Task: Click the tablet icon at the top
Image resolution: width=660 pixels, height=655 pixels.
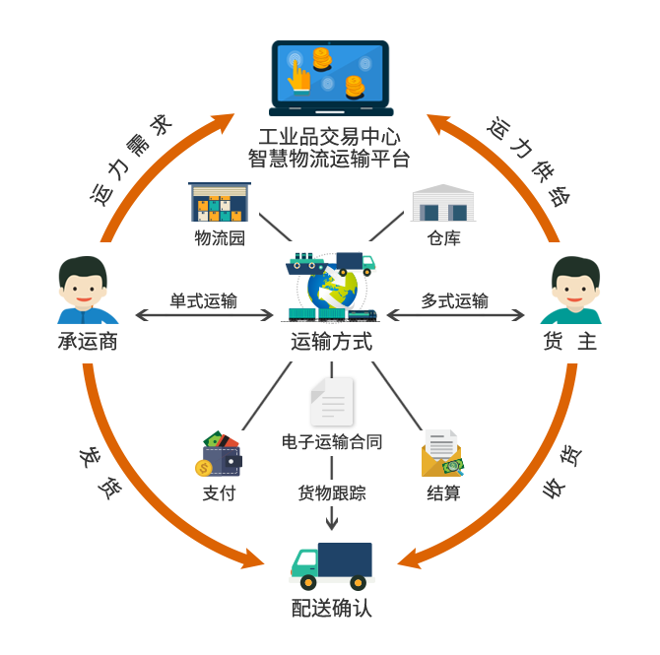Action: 331,76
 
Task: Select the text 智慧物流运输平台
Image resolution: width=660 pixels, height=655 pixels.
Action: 329,158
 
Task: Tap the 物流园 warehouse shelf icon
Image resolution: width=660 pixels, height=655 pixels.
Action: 220,203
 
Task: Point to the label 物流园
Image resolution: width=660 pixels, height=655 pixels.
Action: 219,237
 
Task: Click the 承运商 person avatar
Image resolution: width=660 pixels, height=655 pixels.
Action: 88,290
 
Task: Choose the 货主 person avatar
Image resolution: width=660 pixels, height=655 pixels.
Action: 570,290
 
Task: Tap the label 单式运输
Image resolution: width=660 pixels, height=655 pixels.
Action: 203,301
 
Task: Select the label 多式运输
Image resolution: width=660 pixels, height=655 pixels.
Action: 455,301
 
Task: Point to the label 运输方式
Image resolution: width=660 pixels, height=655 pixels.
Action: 331,342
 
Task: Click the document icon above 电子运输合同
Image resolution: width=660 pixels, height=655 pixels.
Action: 333,402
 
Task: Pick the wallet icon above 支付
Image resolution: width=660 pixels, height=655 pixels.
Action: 219,454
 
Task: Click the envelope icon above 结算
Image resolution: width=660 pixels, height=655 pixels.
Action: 442,453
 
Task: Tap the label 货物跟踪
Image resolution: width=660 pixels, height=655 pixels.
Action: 332,492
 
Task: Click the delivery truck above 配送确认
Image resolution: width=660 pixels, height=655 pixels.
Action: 332,566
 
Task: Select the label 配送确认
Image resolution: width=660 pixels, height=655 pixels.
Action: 332,608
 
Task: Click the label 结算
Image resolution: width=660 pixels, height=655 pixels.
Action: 443,492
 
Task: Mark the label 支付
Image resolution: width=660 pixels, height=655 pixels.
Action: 220,492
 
